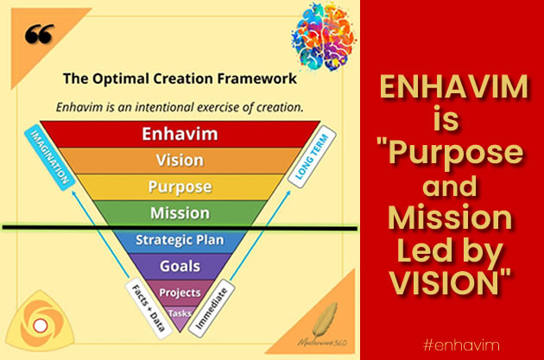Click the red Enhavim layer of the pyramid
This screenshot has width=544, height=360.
click(180, 134)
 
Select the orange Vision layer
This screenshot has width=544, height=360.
click(180, 161)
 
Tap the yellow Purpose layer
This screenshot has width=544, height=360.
click(180, 186)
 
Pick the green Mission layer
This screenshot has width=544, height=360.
click(180, 212)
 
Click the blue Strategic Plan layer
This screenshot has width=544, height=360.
click(180, 241)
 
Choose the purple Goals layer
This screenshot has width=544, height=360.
click(180, 267)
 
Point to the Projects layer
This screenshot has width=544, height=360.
click(180, 292)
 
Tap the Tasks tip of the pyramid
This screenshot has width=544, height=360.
click(180, 313)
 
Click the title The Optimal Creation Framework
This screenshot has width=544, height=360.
click(180, 79)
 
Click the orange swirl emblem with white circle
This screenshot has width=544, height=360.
click(38, 324)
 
